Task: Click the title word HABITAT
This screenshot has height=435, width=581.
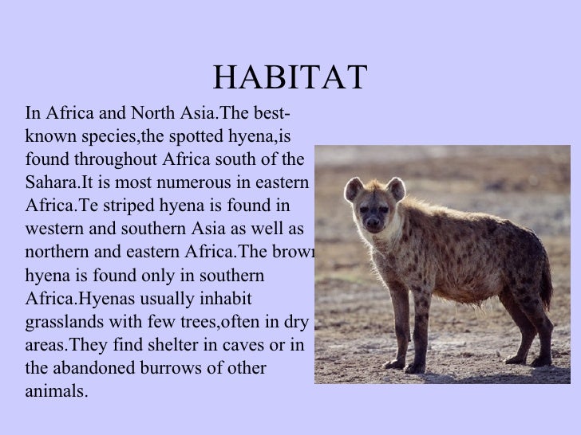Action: [290, 77]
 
